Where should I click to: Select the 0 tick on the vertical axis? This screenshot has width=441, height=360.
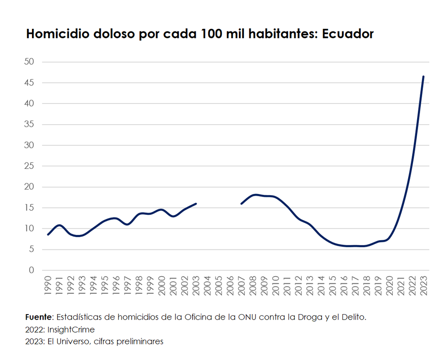pos(31,270)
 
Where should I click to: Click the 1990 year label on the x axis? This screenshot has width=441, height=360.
pos(48,286)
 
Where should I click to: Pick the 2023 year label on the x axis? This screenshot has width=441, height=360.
pos(423,286)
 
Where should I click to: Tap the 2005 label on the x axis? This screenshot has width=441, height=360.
pos(219,286)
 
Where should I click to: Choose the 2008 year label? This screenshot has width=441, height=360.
pos(253,286)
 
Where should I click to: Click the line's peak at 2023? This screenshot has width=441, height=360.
pos(423,76)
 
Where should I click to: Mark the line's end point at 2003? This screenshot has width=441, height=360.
pos(196,203)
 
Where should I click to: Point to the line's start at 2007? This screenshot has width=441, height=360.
pos(242,203)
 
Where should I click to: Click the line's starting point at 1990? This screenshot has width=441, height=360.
pos(48,234)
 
